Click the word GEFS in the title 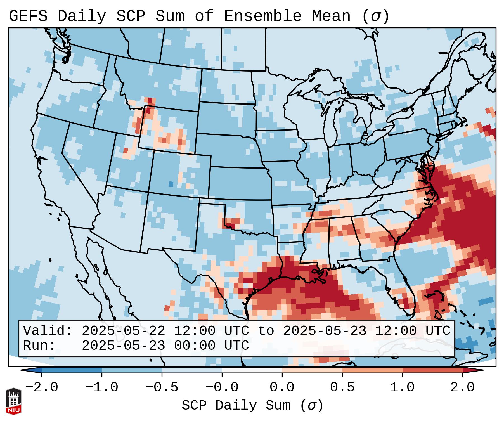(x=28, y=16)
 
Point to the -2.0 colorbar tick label (x=42, y=387)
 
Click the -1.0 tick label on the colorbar (x=102, y=387)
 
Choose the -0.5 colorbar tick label (x=162, y=387)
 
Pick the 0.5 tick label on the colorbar (x=342, y=387)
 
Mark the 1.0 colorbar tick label (x=402, y=387)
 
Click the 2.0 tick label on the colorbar (x=462, y=387)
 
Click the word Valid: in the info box (x=48, y=331)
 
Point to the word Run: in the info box (x=39, y=346)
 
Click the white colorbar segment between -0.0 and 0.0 (x=252, y=370)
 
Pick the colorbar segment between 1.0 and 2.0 (x=432, y=370)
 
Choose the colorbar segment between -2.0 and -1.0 (x=72, y=370)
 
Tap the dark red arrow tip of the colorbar (x=477, y=370)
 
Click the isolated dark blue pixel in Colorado (x=171, y=184)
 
